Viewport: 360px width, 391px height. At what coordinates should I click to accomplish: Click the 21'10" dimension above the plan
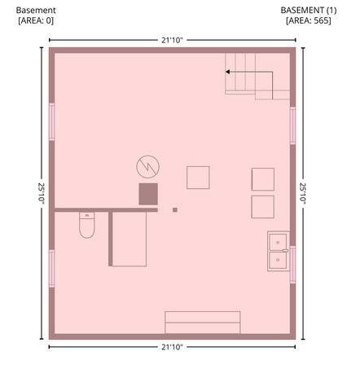pyautogui.click(x=172, y=40)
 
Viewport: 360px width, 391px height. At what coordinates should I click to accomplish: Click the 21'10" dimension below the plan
pyautogui.click(x=172, y=347)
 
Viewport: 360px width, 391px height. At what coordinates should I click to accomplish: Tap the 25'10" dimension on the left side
pyautogui.click(x=42, y=193)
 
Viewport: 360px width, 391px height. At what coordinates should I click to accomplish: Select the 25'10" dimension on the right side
pyautogui.click(x=303, y=193)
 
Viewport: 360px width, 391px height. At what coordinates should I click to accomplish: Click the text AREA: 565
pyautogui.click(x=309, y=20)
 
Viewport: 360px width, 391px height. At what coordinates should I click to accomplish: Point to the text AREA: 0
pyautogui.click(x=36, y=20)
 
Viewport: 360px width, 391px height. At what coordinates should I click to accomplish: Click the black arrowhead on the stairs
pyautogui.click(x=228, y=72)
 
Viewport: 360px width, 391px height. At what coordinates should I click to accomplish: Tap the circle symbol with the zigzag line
pyautogui.click(x=147, y=167)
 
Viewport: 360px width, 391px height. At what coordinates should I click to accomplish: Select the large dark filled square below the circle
pyautogui.click(x=148, y=194)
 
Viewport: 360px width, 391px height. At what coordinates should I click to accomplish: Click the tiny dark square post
pyautogui.click(x=175, y=209)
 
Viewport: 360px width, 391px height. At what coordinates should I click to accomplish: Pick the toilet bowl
pyautogui.click(x=87, y=228)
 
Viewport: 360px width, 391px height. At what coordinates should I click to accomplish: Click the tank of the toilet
pyautogui.click(x=87, y=215)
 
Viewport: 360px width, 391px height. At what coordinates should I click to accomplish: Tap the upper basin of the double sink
pyautogui.click(x=278, y=242)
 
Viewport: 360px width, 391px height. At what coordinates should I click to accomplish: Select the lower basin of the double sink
pyautogui.click(x=278, y=260)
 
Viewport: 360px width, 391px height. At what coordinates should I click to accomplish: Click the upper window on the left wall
pyautogui.click(x=51, y=122)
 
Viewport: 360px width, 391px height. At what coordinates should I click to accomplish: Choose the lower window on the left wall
pyautogui.click(x=51, y=268)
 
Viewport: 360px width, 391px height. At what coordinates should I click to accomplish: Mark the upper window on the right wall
pyautogui.click(x=292, y=125)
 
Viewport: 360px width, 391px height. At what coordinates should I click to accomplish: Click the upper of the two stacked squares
pyautogui.click(x=263, y=179)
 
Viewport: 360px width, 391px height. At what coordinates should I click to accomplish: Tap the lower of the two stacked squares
pyautogui.click(x=262, y=207)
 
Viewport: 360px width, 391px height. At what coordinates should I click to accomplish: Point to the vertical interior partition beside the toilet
pyautogui.click(x=110, y=239)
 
